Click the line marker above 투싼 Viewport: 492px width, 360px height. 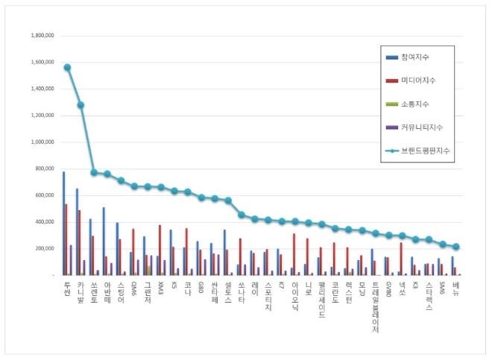point(67,67)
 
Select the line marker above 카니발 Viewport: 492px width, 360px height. point(81,105)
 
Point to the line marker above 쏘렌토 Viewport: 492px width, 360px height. point(94,172)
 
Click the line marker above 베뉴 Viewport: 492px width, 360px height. point(456,246)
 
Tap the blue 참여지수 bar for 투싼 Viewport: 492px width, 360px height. point(63,224)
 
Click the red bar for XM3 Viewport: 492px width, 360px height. point(160,250)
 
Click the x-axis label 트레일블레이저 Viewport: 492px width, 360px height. point(374,306)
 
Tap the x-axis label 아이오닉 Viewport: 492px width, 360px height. point(294,294)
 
